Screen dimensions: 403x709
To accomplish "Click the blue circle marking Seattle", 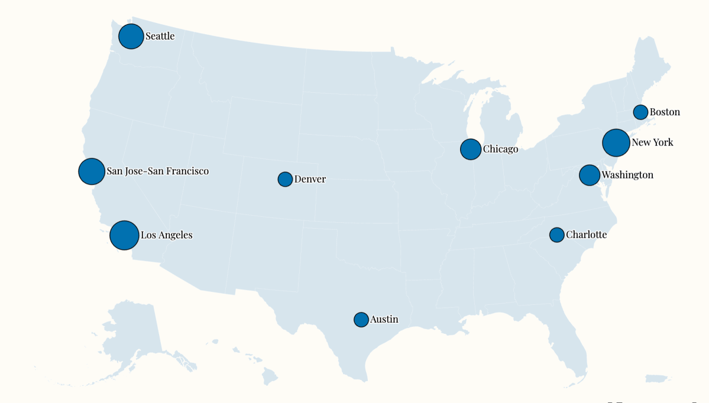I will tap(131, 37).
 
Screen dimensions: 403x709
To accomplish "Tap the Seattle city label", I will tap(160, 36).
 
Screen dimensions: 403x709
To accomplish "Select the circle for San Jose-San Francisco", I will tap(92, 171).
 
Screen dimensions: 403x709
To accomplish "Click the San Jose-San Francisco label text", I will tap(157, 171).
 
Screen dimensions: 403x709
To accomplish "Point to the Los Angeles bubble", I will tap(124, 235).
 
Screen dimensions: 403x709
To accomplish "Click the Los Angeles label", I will tap(166, 235).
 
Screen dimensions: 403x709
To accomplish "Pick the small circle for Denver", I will tap(285, 179).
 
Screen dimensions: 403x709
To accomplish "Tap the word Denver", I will tap(310, 179).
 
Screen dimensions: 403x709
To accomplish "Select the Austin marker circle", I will tap(361, 320).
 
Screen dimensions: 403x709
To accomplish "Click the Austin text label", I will tap(384, 320).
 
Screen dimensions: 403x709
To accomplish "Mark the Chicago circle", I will tap(471, 149).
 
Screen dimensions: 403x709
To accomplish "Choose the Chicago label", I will tap(500, 149).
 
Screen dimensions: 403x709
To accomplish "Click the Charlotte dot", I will tap(556, 235).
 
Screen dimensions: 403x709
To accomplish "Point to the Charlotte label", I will tap(586, 235).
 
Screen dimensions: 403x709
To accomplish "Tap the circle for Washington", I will tap(590, 175).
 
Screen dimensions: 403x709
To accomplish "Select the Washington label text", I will tap(627, 175).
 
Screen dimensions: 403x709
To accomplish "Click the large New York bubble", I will tap(616, 142).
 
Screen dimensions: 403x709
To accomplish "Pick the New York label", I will tap(652, 142).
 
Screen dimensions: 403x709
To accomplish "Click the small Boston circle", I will tap(640, 112).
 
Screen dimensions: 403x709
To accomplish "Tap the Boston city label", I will tap(665, 112).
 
